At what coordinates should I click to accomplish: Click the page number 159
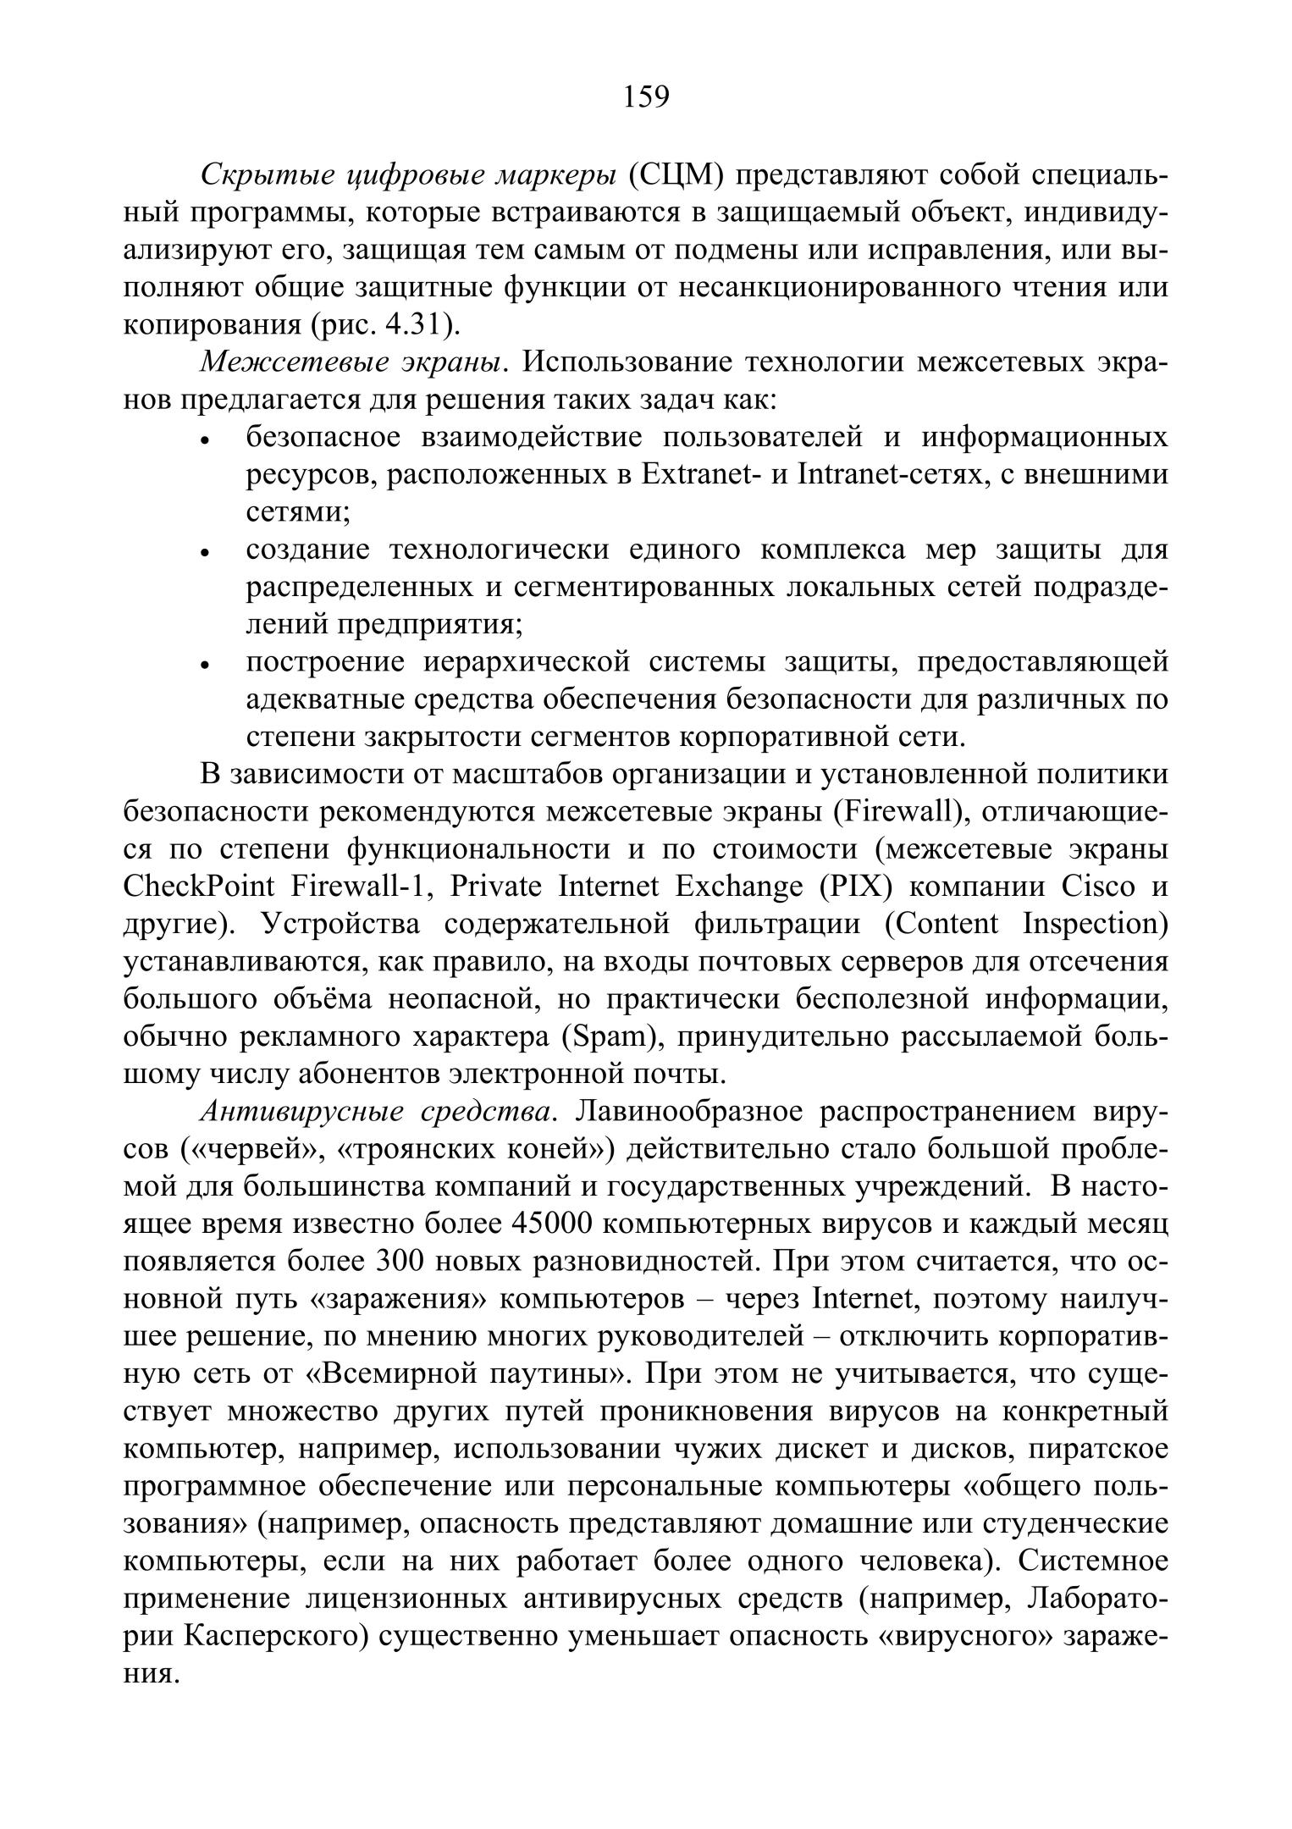click(x=646, y=97)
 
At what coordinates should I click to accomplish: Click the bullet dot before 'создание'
click(x=204, y=554)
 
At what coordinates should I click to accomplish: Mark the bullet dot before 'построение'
click(x=204, y=666)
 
